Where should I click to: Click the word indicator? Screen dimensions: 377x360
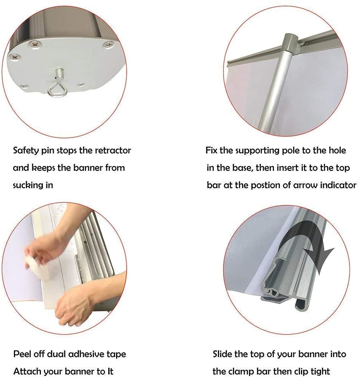[336, 185]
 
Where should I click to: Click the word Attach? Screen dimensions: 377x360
[27, 371]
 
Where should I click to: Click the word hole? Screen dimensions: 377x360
[337, 151]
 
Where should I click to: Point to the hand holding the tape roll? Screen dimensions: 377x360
[41, 252]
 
